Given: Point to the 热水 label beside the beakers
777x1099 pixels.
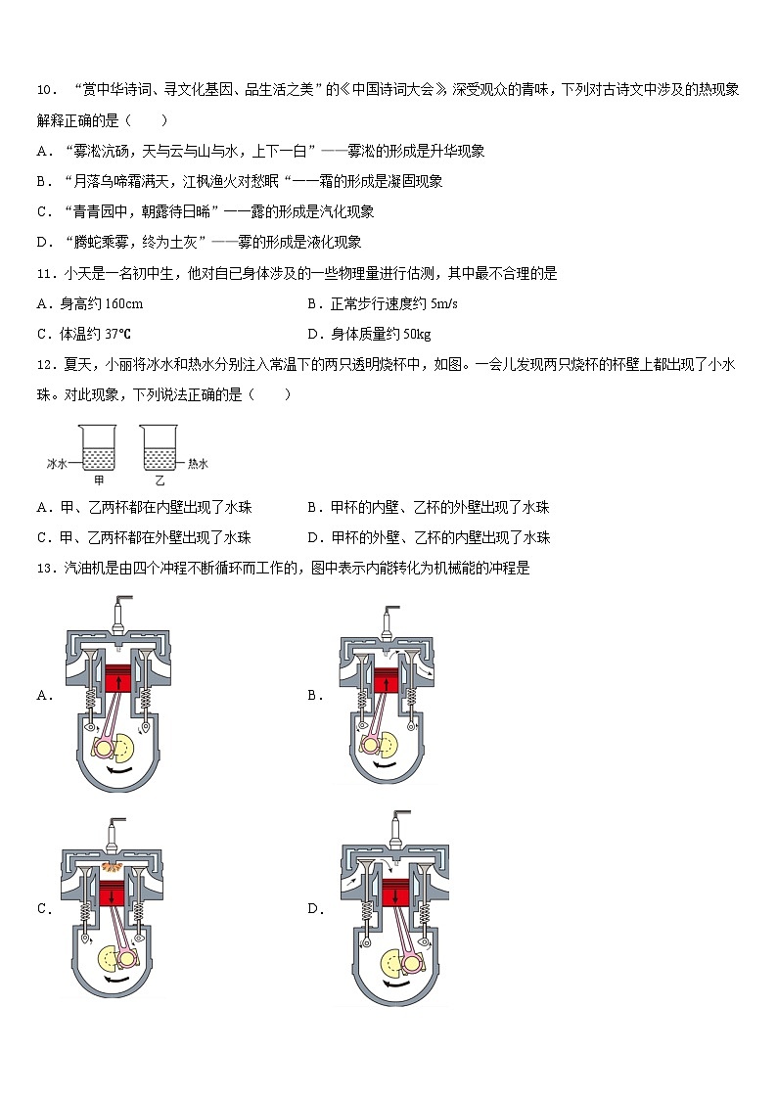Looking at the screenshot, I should click(199, 463).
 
